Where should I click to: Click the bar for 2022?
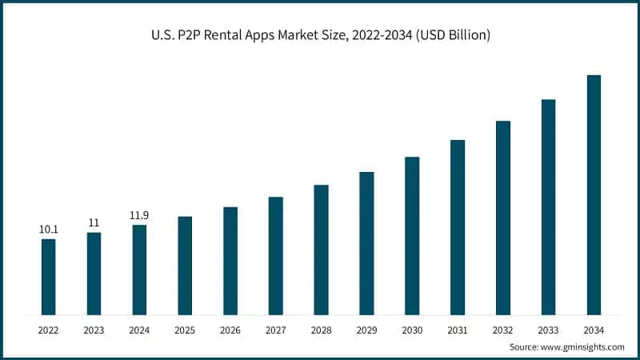[x=49, y=276]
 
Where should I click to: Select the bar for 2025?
[x=185, y=265]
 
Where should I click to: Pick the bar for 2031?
[x=458, y=226]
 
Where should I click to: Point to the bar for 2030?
[x=412, y=235]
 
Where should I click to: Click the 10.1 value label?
[x=49, y=230]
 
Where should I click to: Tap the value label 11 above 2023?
[x=94, y=223]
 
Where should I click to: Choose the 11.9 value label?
[x=139, y=215]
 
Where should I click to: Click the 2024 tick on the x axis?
[x=139, y=329]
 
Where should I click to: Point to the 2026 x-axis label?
[x=230, y=329]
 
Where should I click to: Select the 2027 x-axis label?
[x=275, y=329]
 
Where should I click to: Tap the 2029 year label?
[x=366, y=329]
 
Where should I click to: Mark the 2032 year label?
[x=502, y=329]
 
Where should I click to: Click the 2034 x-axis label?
[x=594, y=329]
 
